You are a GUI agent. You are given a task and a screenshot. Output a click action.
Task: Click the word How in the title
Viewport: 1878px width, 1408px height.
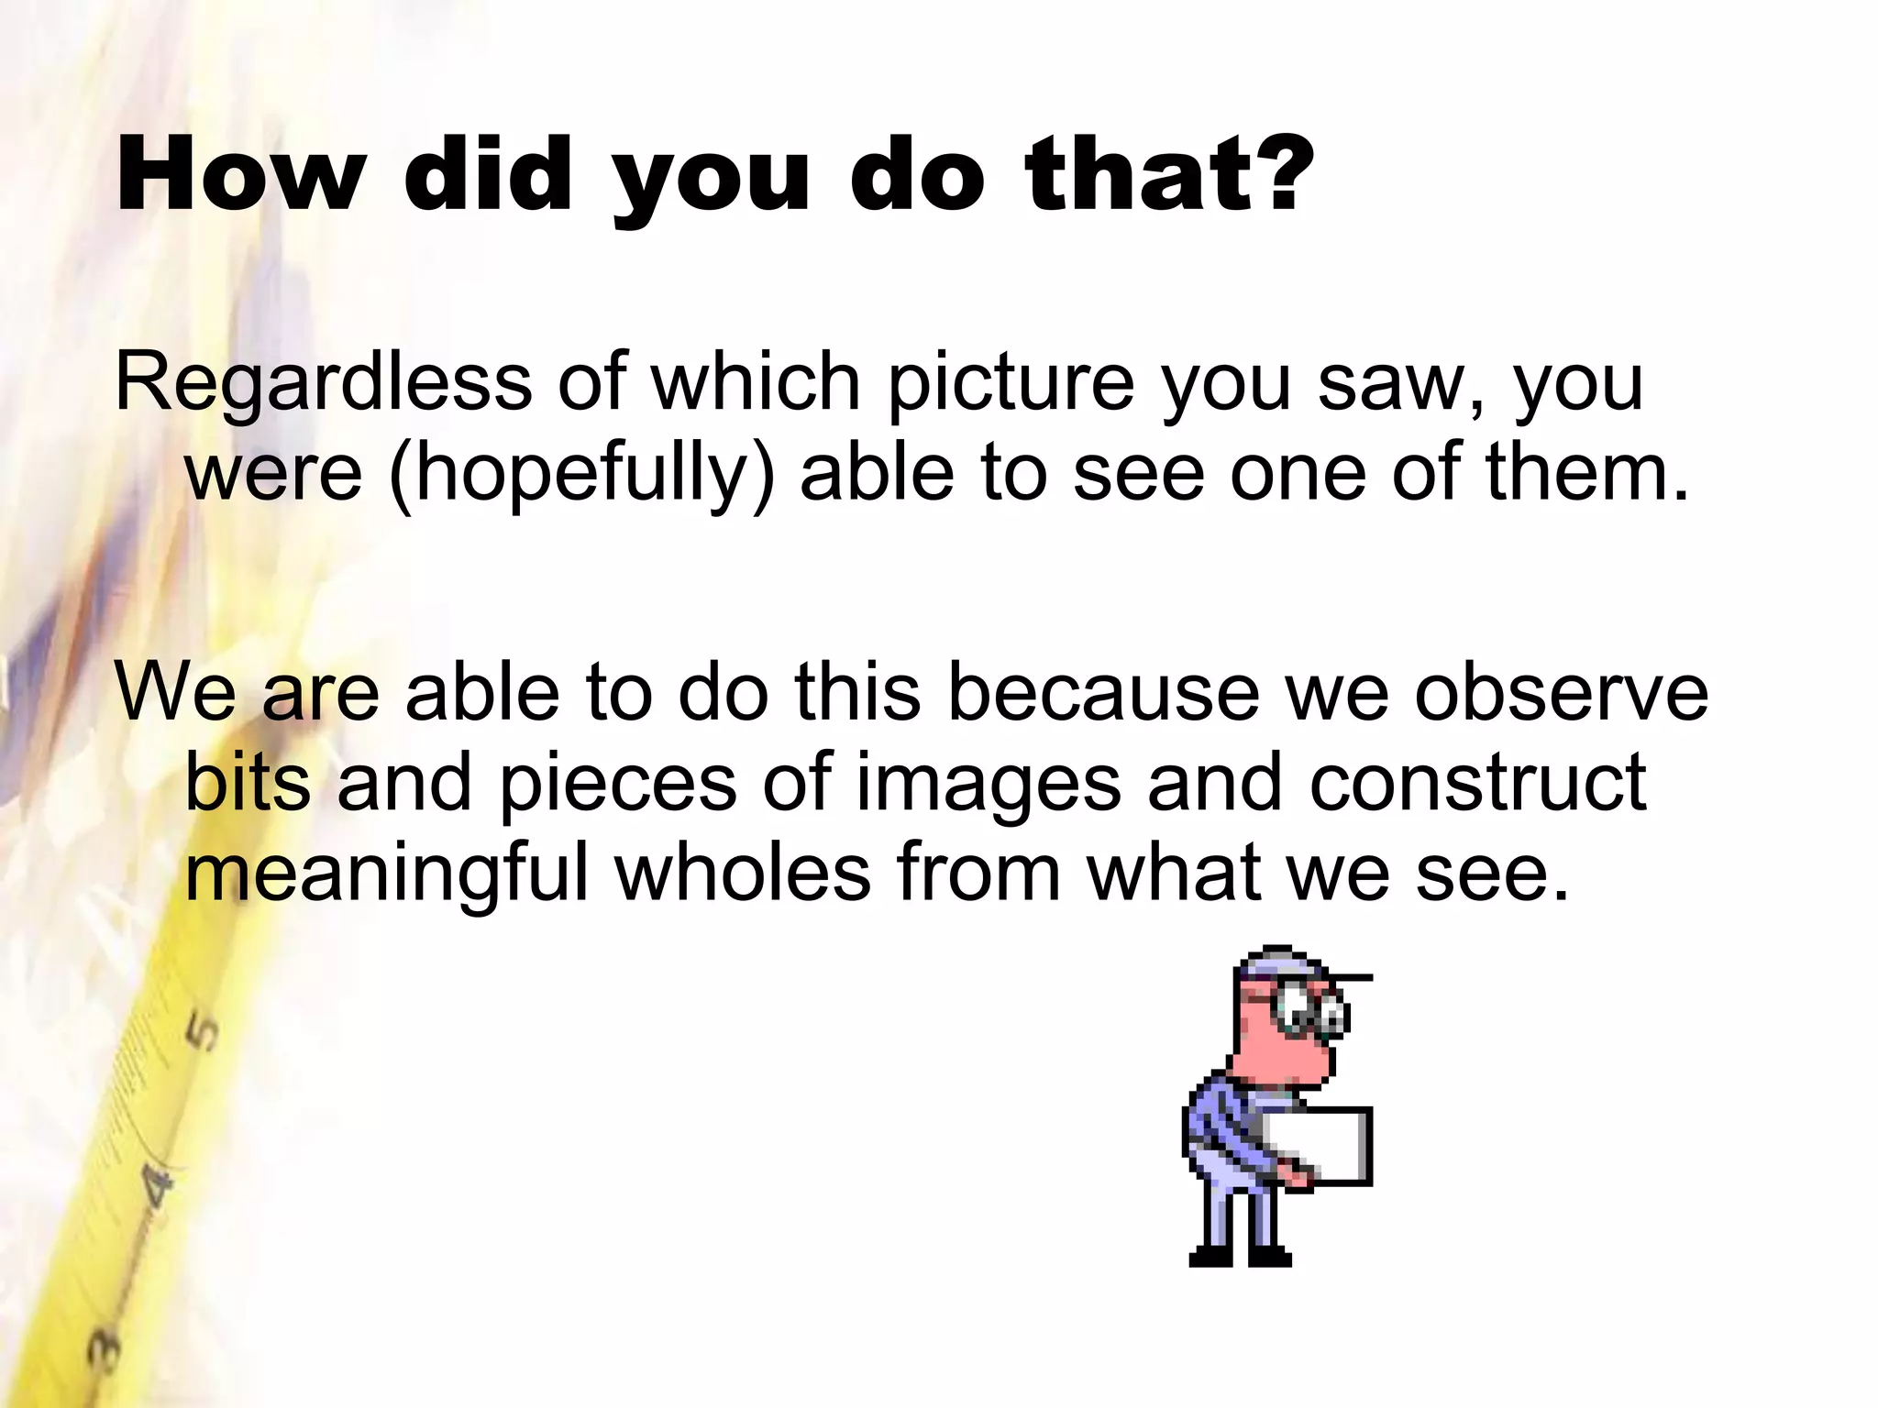[240, 174]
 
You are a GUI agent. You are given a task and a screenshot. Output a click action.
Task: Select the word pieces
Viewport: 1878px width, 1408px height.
[617, 785]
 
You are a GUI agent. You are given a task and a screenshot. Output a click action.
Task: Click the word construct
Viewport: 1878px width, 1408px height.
[1477, 783]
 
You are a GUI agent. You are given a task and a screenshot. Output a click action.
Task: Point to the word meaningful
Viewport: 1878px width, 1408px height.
[386, 874]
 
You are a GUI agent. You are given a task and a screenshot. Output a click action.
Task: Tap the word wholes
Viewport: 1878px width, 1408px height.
[743, 873]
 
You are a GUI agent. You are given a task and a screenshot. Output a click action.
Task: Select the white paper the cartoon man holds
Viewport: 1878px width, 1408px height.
[1320, 1146]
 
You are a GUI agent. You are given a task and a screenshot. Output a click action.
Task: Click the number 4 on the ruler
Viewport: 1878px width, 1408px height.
[157, 1187]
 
